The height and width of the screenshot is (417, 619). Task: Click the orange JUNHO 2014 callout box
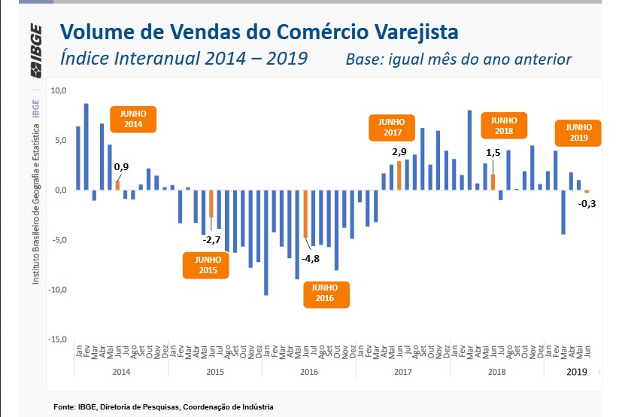(x=133, y=119)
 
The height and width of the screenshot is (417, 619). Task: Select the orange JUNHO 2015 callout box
(x=205, y=265)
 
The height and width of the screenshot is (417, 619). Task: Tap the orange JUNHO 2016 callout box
(x=326, y=294)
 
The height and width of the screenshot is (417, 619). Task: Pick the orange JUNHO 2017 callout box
(x=392, y=128)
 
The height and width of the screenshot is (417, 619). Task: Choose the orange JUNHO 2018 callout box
(x=504, y=126)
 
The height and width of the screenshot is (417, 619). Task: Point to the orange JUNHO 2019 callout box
(x=578, y=132)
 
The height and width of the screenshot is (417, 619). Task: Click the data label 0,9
(x=121, y=167)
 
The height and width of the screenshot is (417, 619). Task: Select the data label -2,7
(x=211, y=240)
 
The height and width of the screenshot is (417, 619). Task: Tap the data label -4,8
(x=311, y=259)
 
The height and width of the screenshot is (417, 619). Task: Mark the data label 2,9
(x=399, y=152)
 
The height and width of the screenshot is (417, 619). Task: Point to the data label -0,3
(x=587, y=204)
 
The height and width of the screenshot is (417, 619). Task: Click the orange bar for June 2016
(x=305, y=214)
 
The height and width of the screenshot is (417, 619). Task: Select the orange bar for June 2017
(x=399, y=175)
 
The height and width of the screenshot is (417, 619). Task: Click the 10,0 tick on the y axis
(x=59, y=90)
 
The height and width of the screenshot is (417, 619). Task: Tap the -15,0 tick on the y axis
(x=57, y=339)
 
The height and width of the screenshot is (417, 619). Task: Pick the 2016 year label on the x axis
(x=309, y=372)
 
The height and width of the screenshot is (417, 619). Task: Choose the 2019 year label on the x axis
(x=577, y=372)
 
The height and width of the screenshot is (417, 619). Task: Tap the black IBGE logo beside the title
(x=36, y=50)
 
